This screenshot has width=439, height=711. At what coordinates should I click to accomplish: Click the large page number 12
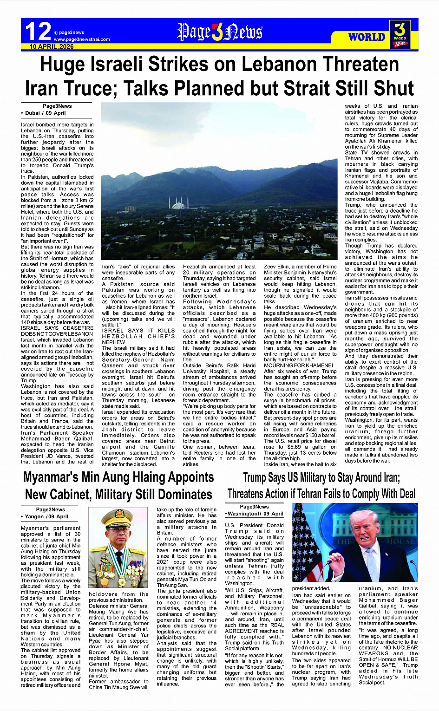38,32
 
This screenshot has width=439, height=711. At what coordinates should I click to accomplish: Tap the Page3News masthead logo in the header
220,32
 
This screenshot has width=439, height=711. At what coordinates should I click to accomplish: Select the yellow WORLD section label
367,37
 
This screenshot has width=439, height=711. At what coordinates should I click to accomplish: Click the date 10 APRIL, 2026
52,46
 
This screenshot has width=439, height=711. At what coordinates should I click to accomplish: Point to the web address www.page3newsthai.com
82,39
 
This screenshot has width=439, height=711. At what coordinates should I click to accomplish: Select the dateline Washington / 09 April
255,514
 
